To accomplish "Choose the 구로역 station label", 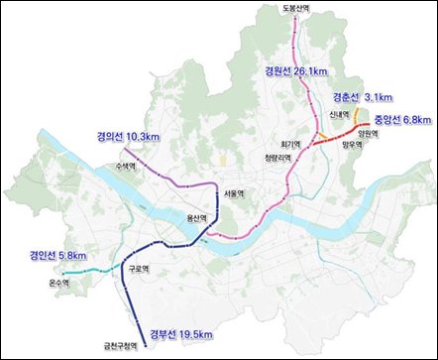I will pyautogui.click(x=138, y=269).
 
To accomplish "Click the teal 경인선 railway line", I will pyautogui.click(x=94, y=270).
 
